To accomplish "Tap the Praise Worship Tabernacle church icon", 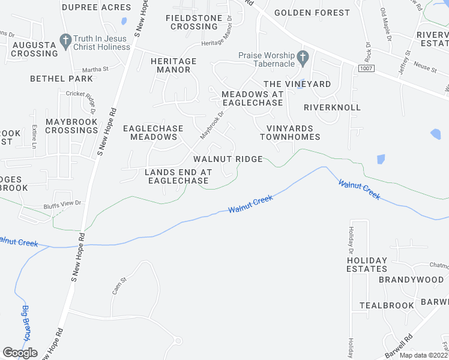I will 303,58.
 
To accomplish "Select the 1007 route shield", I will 366,69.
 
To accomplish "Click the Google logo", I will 20,353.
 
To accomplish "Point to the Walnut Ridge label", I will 228,159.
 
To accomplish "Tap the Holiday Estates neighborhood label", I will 367,265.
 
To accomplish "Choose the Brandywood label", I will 411,280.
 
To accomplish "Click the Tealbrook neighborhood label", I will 387,305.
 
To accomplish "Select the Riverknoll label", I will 332,107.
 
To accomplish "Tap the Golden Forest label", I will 312,13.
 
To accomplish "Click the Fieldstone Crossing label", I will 194,22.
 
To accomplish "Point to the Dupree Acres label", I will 96,8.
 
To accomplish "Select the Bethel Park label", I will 62,79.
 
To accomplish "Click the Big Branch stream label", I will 26,324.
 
